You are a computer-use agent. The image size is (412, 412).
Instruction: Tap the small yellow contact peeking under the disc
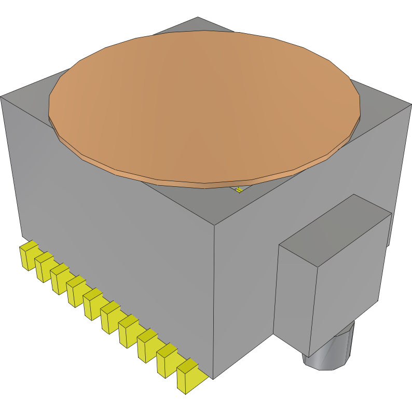(239, 190)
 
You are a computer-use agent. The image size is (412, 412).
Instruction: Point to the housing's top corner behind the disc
(197, 19)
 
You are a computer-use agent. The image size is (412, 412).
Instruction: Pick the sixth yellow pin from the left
(109, 319)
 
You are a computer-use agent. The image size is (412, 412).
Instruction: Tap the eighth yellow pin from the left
(146, 349)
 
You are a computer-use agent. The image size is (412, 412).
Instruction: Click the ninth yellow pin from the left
(166, 362)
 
